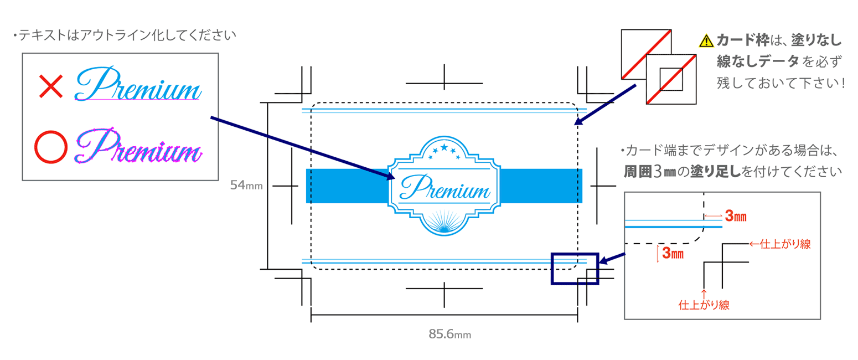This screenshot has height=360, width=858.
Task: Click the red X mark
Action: tap(51, 88)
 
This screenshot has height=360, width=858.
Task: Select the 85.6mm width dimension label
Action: tap(449, 334)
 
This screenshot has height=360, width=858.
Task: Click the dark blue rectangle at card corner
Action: tap(575, 269)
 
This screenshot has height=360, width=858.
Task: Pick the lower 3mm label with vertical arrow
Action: tap(673, 254)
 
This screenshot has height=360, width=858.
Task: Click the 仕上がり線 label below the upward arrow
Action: tap(704, 304)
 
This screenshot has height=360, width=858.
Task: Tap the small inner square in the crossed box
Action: tap(670, 79)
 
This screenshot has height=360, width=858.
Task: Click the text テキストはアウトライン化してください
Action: tap(127, 37)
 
